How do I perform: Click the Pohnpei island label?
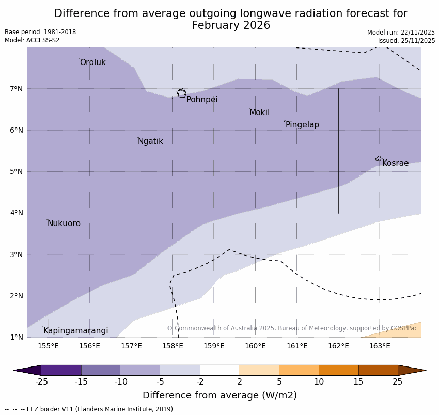coord(202,100)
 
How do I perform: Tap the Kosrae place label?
coord(395,163)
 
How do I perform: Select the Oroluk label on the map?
coord(92,62)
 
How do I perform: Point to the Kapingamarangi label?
coord(75,331)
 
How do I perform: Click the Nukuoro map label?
coord(64,224)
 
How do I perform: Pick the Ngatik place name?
coord(150,141)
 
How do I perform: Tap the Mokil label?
coord(259,113)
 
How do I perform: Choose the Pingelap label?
coord(302,125)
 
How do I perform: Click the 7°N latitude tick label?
coord(17,89)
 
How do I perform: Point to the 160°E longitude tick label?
coord(255,346)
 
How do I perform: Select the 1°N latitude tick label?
coord(17,337)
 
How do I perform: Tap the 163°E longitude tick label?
coord(380,346)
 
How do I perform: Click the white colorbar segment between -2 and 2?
coord(219,370)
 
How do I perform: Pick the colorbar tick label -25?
coord(41,382)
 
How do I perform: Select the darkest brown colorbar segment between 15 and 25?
coord(378,370)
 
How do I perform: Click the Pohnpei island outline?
coord(181,93)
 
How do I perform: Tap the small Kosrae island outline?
coord(379,158)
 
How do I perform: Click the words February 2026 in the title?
coord(231,25)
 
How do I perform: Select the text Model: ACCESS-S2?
coord(32,40)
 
